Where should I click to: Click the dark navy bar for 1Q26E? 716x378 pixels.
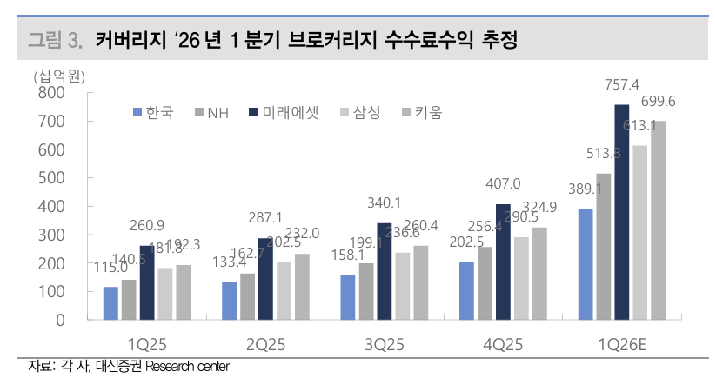click(621, 212)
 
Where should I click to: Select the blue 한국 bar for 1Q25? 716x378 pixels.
click(110, 303)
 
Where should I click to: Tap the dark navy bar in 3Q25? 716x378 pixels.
click(385, 271)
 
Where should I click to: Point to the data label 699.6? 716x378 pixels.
click(659, 103)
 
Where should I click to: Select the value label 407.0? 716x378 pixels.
click(502, 184)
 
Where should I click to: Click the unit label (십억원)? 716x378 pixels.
click(57, 76)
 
